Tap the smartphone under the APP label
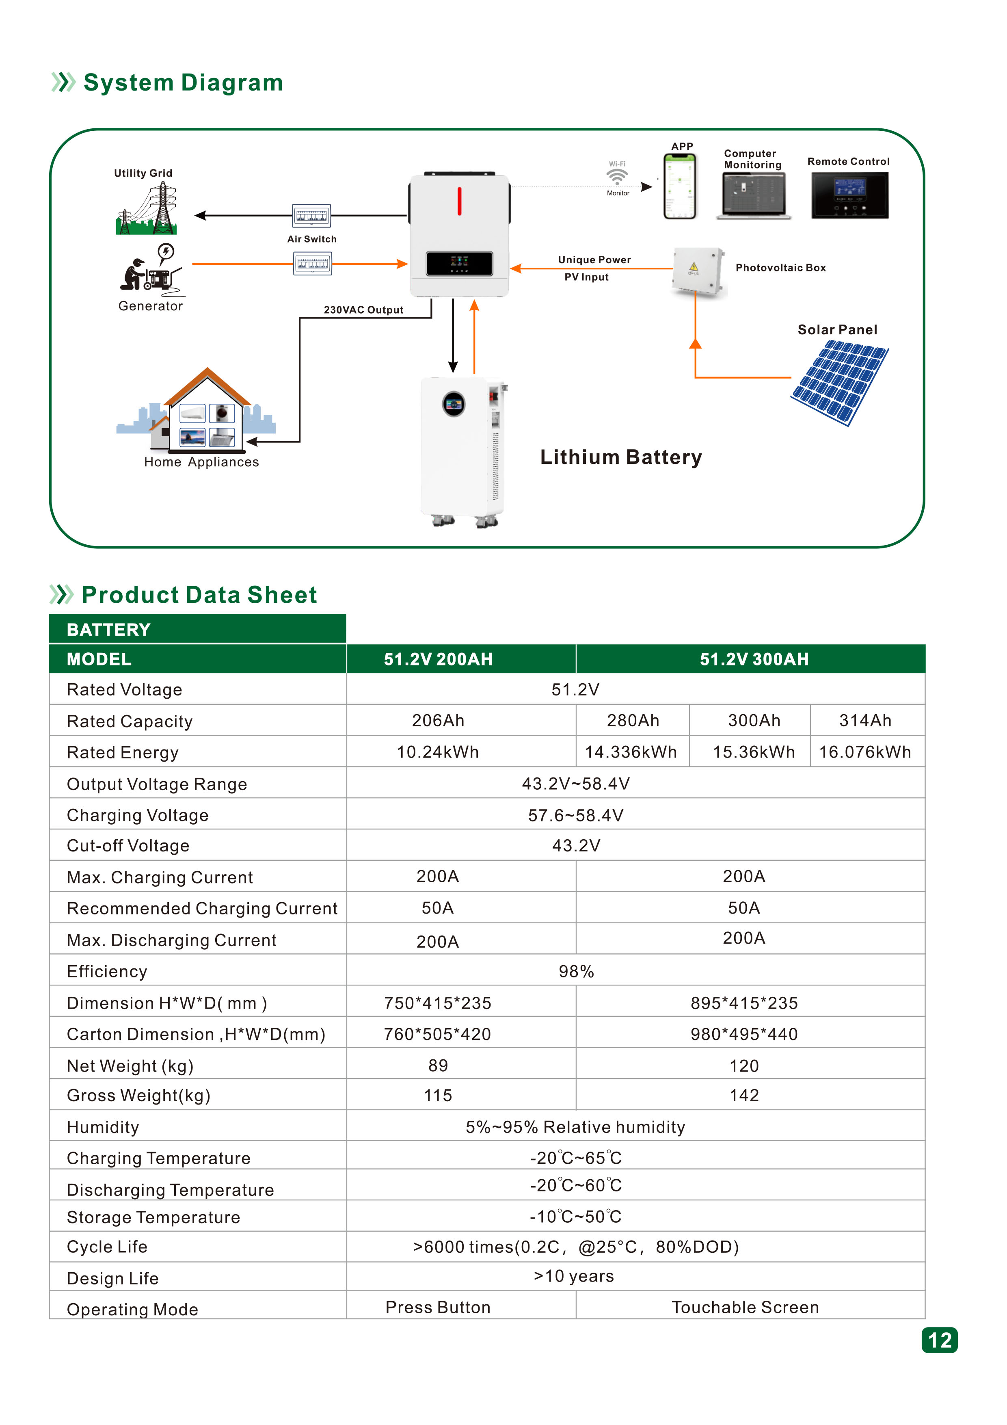[680, 186]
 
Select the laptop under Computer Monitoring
[753, 195]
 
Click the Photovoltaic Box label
[780, 268]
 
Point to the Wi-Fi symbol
[617, 177]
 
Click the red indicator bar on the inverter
[459, 201]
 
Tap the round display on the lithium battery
[454, 404]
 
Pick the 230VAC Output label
[363, 310]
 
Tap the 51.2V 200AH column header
[438, 659]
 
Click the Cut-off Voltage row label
[128, 845]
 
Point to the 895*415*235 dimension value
[744, 1003]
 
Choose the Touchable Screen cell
[745, 1307]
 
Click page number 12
[939, 1341]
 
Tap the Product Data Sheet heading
[199, 595]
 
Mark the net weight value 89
[438, 1066]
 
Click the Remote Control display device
[849, 195]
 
